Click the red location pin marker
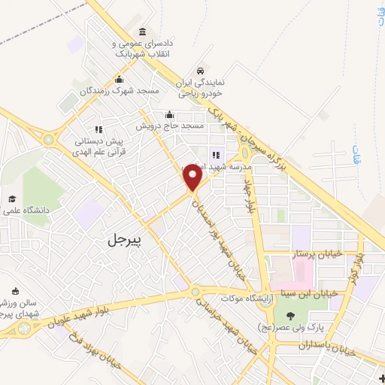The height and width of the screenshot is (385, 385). click(x=193, y=178)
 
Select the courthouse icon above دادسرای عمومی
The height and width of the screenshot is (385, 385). click(x=142, y=32)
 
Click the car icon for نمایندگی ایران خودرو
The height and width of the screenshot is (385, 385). click(x=199, y=71)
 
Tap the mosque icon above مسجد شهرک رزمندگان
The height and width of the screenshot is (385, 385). click(x=118, y=80)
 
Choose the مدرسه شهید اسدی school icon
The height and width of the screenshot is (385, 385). click(x=217, y=155)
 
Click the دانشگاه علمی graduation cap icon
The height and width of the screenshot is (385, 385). click(x=12, y=199)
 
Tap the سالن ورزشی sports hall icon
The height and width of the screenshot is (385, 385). click(x=17, y=291)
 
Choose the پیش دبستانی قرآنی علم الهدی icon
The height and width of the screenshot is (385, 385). click(x=99, y=129)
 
